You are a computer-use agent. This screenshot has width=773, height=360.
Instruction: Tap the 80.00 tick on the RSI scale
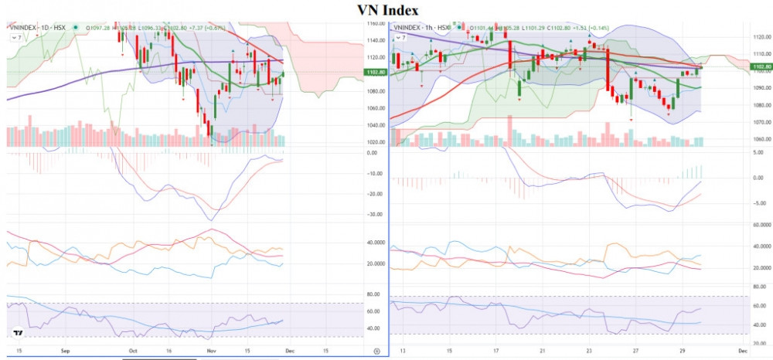375,294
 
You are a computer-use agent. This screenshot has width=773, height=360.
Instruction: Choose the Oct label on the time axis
132,352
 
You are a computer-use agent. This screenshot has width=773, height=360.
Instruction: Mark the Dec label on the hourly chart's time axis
743,352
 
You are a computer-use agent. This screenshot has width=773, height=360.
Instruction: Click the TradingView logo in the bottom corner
18,334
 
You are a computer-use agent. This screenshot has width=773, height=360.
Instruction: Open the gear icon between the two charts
376,352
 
